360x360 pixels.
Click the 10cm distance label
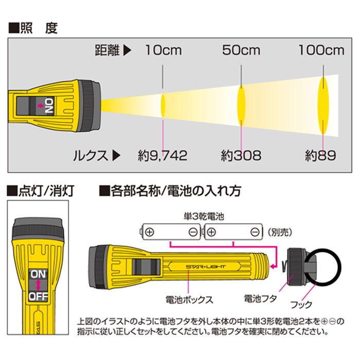[x=163, y=50]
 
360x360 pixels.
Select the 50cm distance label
[x=241, y=50]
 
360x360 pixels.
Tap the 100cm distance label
[x=321, y=50]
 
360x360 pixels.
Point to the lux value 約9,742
[x=163, y=155]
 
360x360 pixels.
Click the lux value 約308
[x=241, y=155]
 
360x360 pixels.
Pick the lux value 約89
[x=320, y=155]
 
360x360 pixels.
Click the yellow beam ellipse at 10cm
[x=163, y=105]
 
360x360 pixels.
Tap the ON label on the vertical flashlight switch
[x=38, y=274]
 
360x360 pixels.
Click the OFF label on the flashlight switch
[x=38, y=297]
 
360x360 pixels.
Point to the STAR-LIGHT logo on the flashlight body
[x=206, y=267]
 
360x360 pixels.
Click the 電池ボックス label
[x=189, y=300]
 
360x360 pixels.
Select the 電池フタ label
[x=260, y=299]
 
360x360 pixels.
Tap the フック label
[x=301, y=304]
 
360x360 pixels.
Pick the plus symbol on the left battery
[x=150, y=232]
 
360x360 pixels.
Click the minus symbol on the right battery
[x=255, y=232]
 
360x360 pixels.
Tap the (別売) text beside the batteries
[x=280, y=232]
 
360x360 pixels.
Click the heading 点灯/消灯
[x=41, y=191]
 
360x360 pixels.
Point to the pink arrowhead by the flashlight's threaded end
[x=273, y=266]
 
